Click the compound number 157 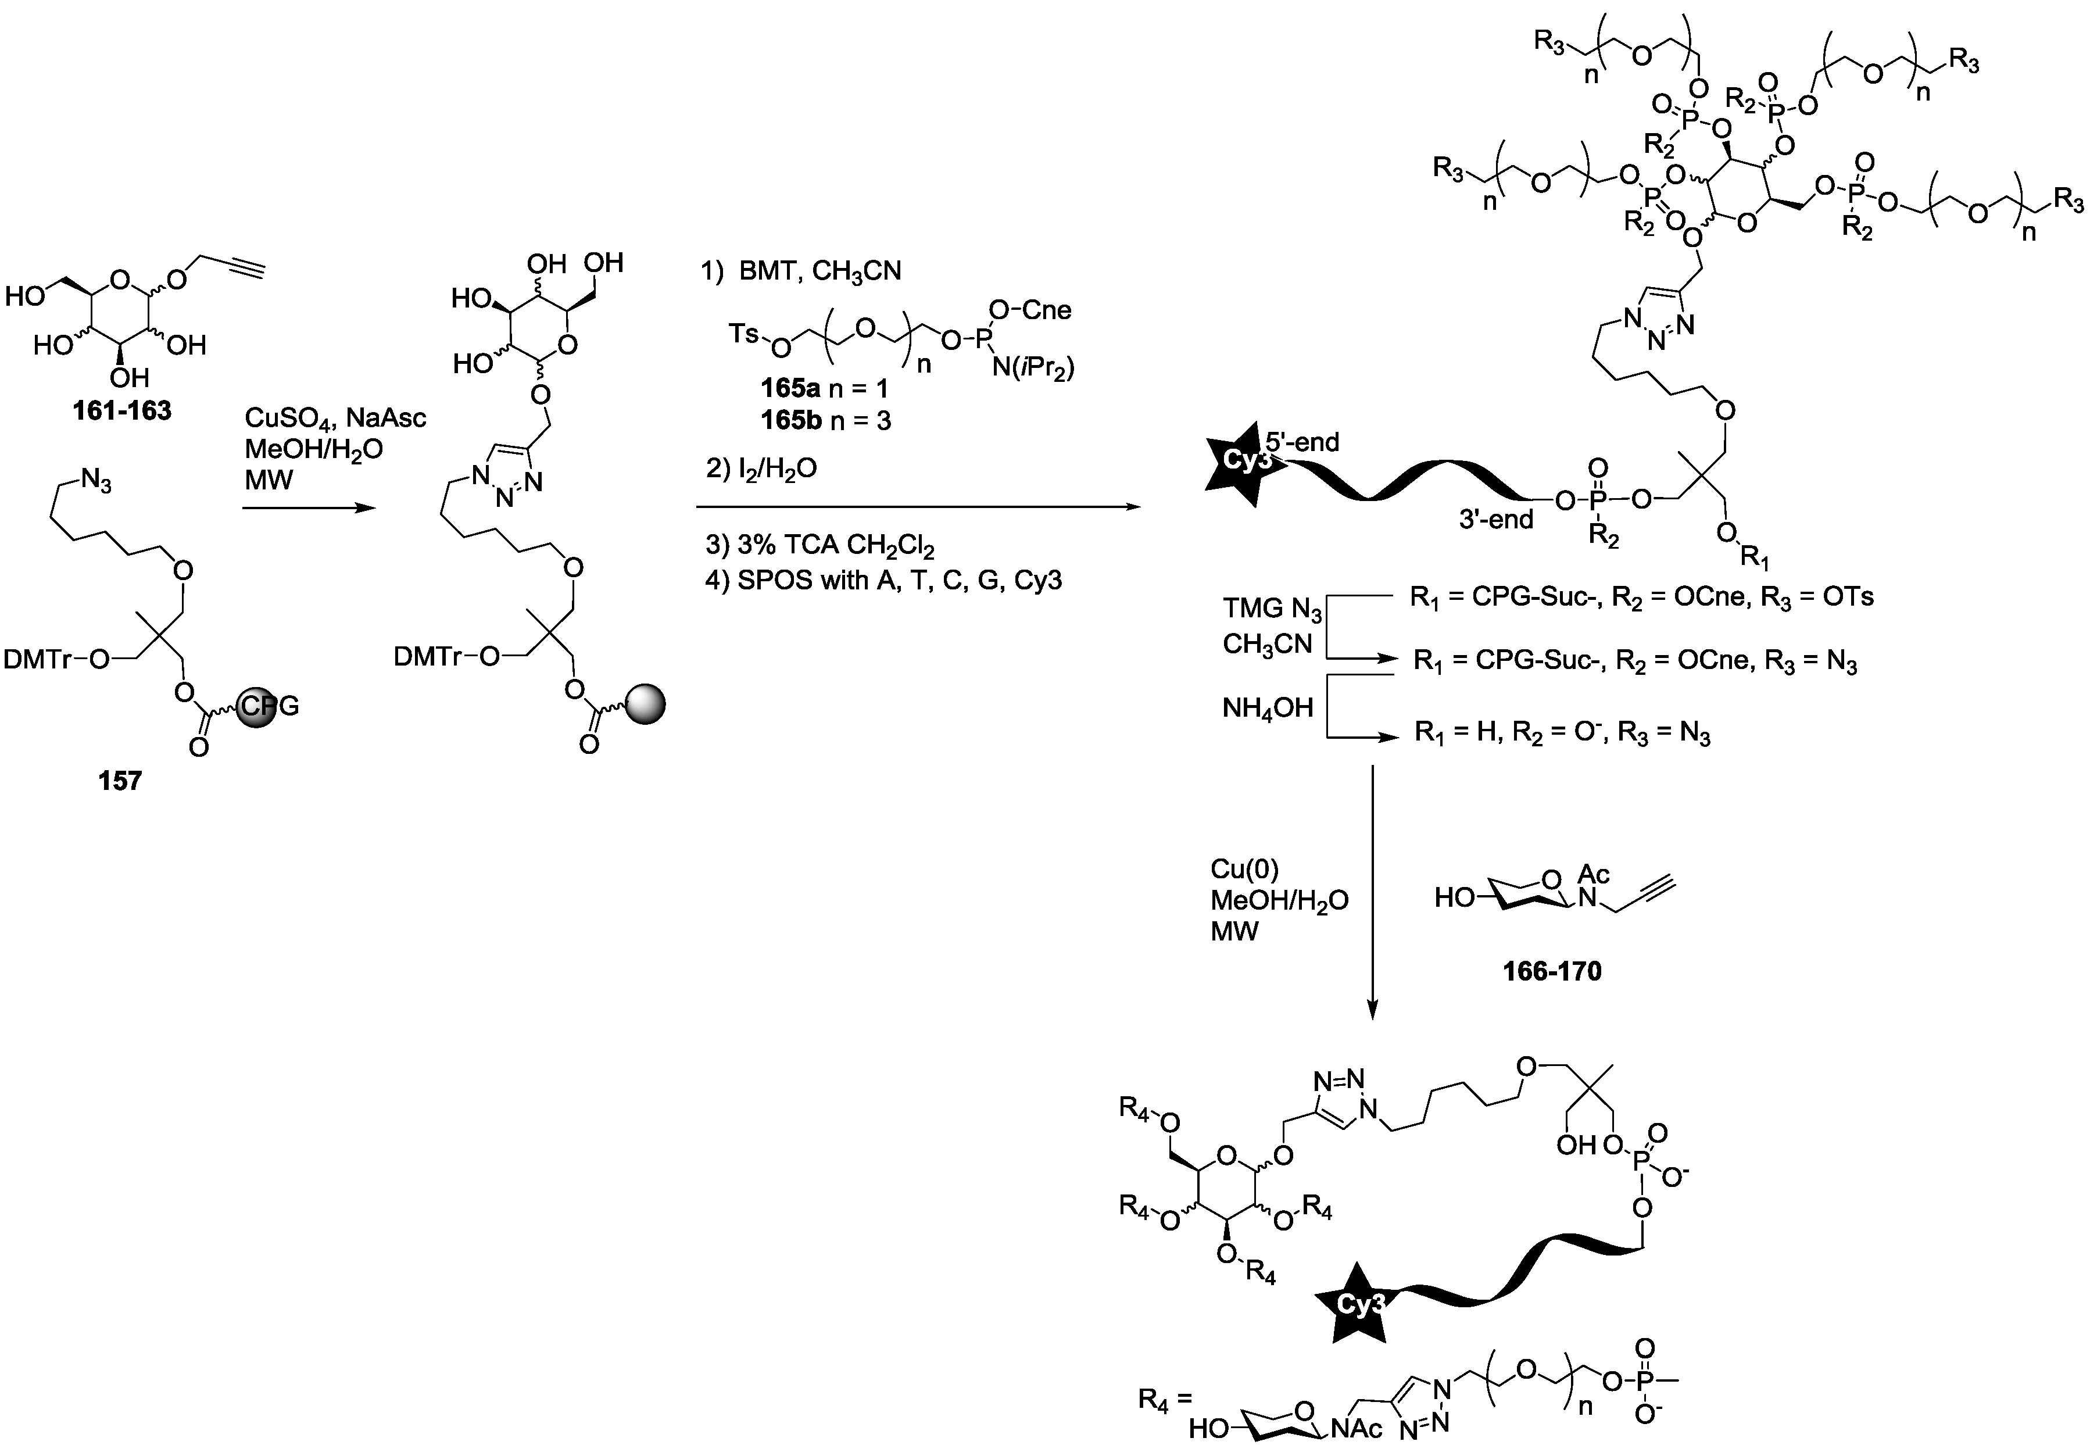click(x=120, y=781)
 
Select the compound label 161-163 click(x=122, y=411)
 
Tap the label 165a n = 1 click(x=824, y=388)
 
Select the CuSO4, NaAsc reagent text click(x=335, y=419)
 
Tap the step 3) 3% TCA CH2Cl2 click(x=819, y=546)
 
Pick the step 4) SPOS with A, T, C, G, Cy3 click(x=882, y=580)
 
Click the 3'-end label click(x=1495, y=520)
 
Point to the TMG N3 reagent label click(x=1272, y=609)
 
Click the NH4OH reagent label click(x=1267, y=708)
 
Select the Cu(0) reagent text click(x=1244, y=869)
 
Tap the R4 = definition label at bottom click(x=1165, y=1401)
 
